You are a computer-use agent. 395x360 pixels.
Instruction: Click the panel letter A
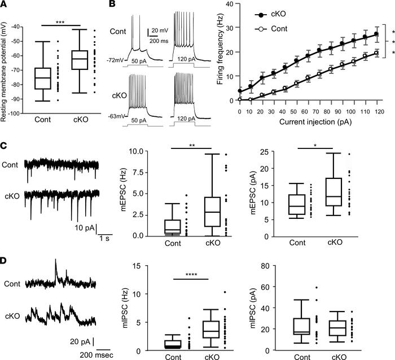click(5, 5)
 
